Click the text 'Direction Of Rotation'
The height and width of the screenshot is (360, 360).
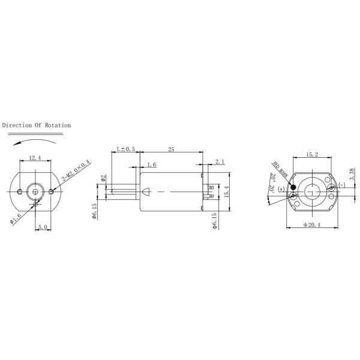click(x=37, y=125)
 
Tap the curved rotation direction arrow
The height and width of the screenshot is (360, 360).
click(x=34, y=139)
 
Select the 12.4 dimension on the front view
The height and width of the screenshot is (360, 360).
click(x=35, y=158)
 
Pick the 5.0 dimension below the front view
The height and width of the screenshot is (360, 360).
click(x=42, y=227)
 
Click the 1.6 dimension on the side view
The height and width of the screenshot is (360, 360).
click(x=151, y=164)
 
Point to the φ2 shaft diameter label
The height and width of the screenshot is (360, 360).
click(x=103, y=178)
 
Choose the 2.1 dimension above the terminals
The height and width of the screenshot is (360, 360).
click(x=220, y=161)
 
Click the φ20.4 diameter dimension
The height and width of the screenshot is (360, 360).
click(x=312, y=224)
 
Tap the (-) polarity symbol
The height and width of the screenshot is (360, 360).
click(x=342, y=184)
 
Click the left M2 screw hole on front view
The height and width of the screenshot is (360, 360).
click(x=20, y=191)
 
